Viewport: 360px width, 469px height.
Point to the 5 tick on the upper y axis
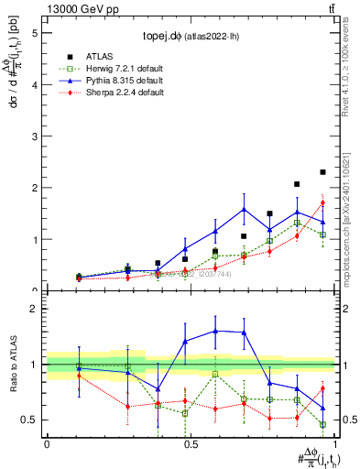[36, 32]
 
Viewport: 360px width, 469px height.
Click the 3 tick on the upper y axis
[36, 136]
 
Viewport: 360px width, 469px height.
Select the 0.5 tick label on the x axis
[190, 443]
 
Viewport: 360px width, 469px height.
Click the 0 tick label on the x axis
[47, 443]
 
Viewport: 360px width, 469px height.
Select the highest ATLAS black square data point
[322, 172]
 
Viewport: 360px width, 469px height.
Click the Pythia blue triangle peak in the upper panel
[244, 209]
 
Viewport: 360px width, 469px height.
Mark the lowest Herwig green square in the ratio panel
[322, 424]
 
